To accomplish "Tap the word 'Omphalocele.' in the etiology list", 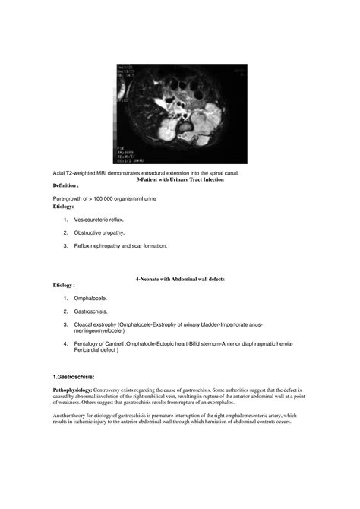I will pos(92,299).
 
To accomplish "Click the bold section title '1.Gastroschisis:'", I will pos(77,377).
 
